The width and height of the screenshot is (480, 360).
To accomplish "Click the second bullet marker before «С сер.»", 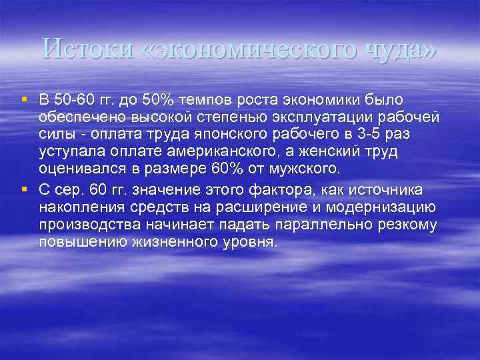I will [25, 190].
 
